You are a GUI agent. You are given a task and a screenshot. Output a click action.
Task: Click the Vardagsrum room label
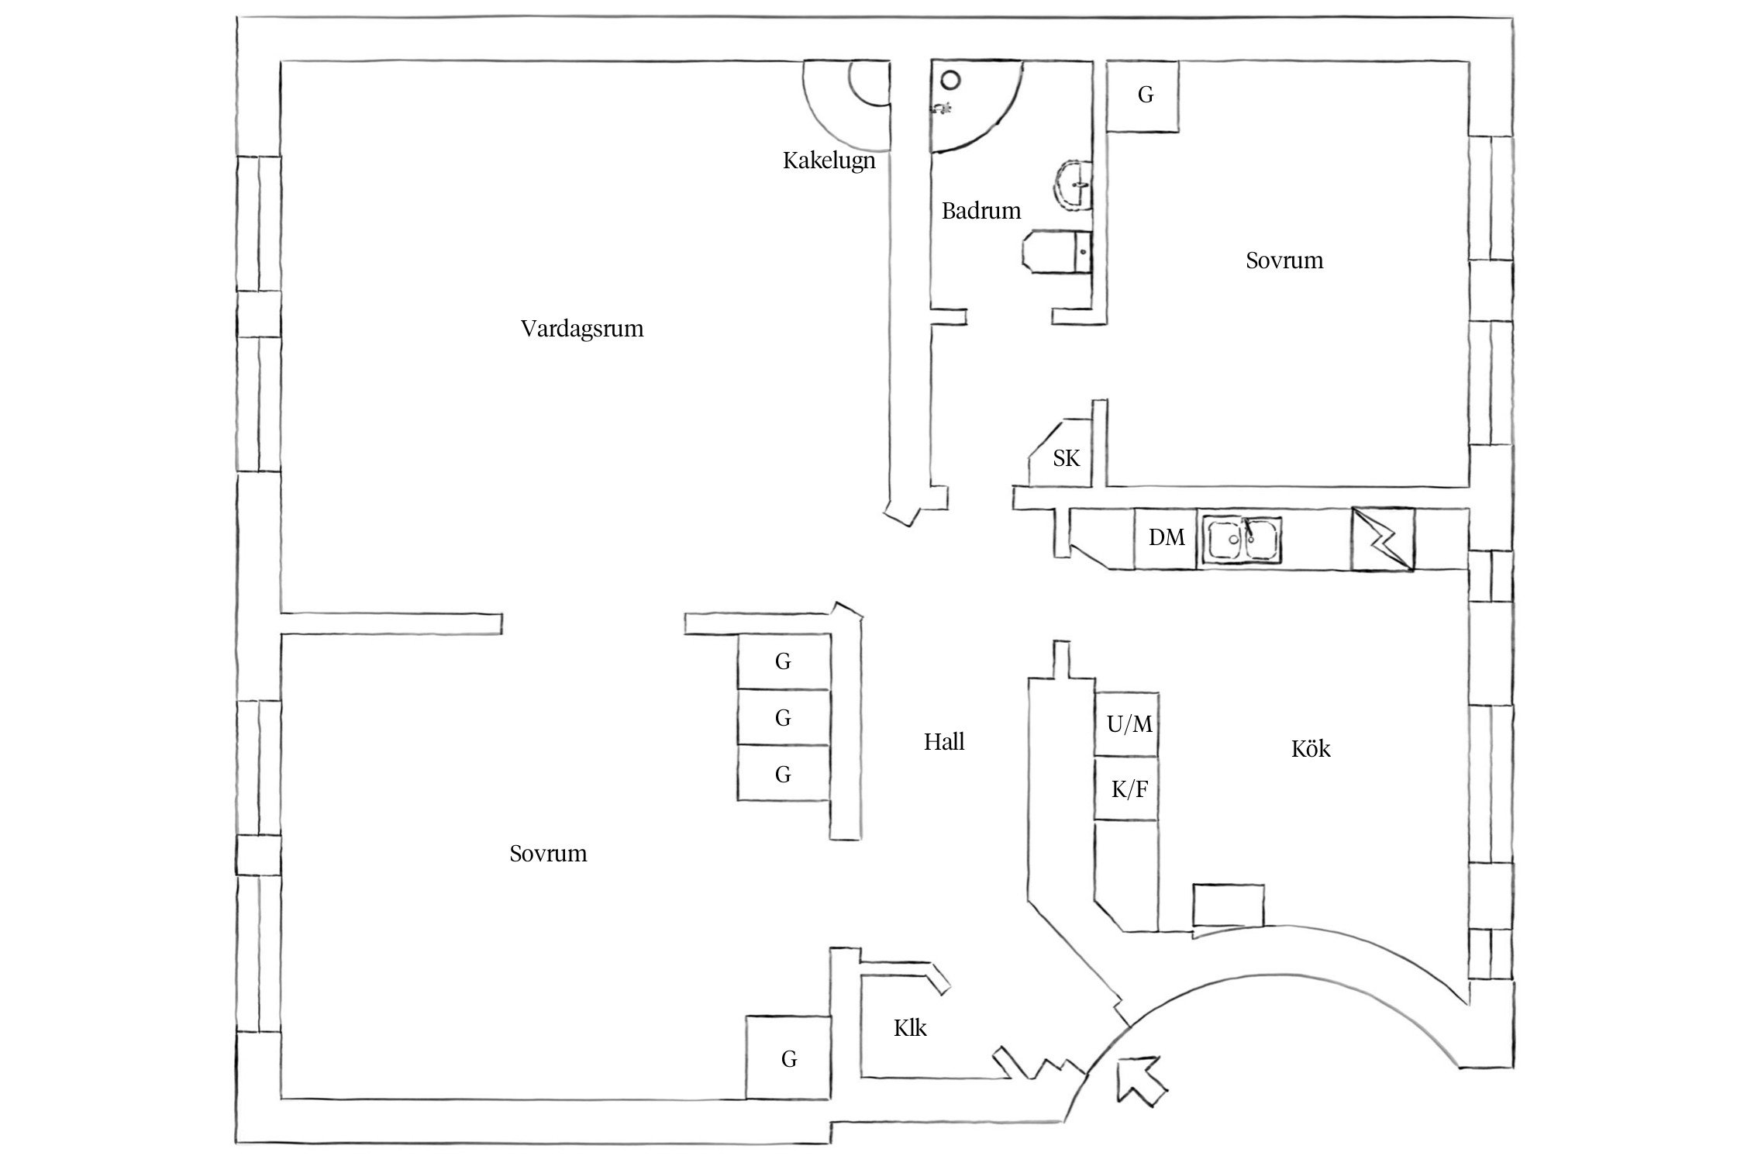[582, 329]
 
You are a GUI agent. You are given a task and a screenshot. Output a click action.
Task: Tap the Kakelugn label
[829, 161]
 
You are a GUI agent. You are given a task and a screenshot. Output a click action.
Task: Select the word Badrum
[981, 211]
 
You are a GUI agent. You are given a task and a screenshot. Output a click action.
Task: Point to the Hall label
[943, 742]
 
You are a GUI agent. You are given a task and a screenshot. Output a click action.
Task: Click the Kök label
[1311, 749]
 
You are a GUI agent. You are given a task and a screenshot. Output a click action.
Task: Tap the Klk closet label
[910, 1028]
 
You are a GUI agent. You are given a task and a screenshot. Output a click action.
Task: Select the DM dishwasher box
[1166, 538]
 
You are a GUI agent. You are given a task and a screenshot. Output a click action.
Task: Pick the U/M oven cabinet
[1129, 724]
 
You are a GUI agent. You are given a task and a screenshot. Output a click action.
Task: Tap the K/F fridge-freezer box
[1129, 789]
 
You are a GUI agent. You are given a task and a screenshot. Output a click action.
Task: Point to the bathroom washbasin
[1074, 186]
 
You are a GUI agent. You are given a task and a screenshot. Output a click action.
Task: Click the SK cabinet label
[1066, 459]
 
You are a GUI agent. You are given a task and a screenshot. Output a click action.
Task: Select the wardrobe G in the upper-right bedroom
[1144, 95]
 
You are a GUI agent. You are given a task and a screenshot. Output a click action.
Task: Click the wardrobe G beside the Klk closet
[788, 1058]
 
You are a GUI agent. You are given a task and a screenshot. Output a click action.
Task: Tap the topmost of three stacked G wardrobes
[783, 661]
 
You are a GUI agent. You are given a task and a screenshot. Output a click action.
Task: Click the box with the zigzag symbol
[1382, 540]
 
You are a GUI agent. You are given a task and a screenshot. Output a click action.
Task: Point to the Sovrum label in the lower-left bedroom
[548, 854]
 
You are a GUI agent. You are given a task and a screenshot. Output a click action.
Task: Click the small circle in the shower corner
[950, 80]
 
